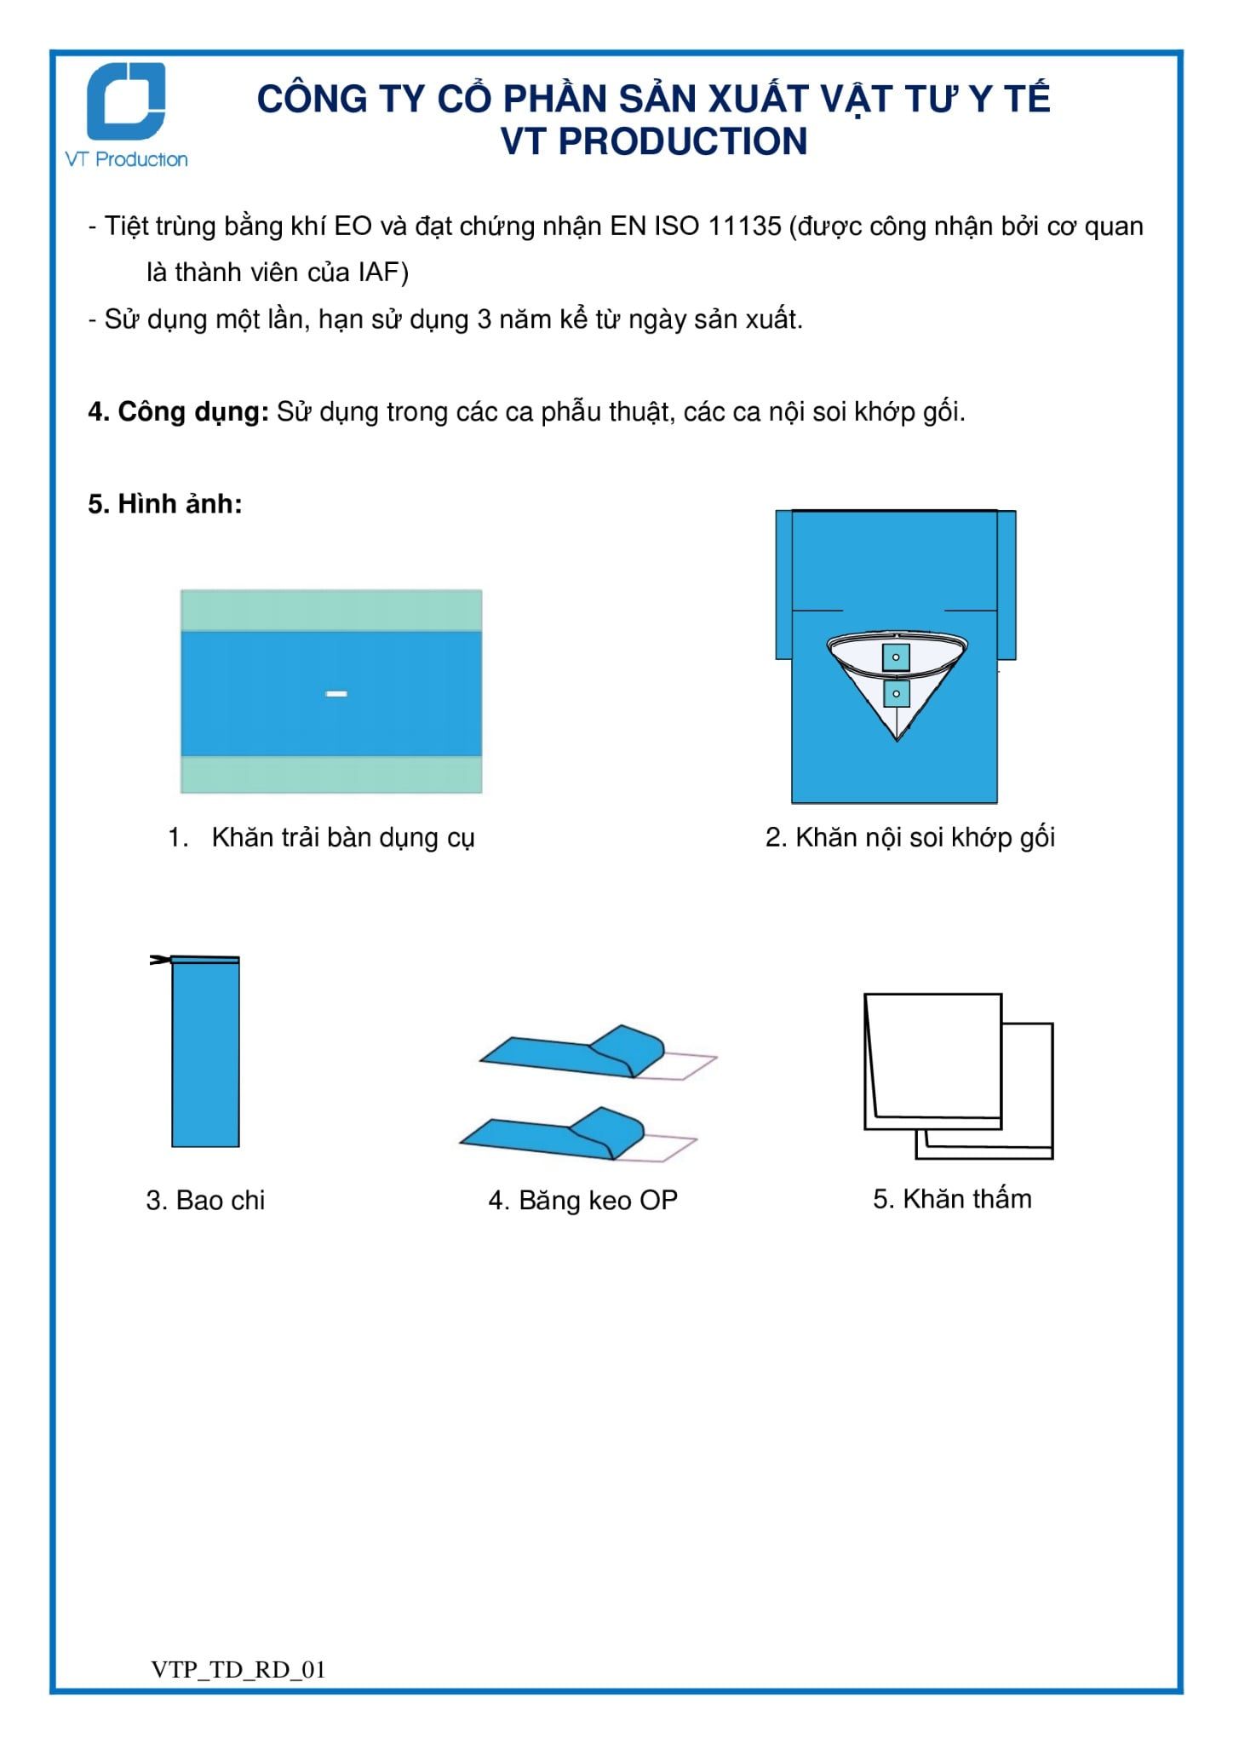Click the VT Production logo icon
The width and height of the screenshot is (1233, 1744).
[x=126, y=101]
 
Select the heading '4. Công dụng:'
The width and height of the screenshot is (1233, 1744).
[x=179, y=413]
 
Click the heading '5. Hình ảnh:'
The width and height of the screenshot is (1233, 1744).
[x=165, y=504]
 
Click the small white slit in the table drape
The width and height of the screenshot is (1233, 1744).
[x=336, y=694]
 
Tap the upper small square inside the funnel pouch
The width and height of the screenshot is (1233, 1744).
[x=896, y=657]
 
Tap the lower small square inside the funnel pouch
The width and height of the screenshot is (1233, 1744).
[x=896, y=694]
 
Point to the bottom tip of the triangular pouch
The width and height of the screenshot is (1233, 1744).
[x=897, y=741]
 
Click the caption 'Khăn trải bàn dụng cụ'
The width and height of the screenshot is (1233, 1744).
[x=343, y=838]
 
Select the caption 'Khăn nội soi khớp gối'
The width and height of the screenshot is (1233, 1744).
[x=926, y=838]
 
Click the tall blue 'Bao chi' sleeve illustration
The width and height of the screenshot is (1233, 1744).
[x=205, y=1053]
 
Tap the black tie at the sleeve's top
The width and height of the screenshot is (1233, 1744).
[x=159, y=961]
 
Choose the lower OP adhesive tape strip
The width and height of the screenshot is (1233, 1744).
[x=578, y=1134]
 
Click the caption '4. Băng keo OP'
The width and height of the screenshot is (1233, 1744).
[x=583, y=1201]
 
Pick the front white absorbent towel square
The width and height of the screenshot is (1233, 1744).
[x=933, y=1061]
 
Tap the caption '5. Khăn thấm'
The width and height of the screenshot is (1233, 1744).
[x=952, y=1199]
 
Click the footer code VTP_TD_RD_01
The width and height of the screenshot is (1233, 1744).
[x=238, y=1670]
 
